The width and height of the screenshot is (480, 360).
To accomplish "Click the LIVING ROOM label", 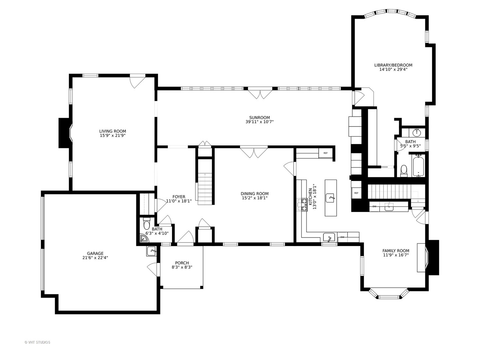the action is point(112,131).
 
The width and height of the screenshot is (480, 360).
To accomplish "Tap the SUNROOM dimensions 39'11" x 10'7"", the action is point(260,122).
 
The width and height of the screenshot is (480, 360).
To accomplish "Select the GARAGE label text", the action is point(95,253).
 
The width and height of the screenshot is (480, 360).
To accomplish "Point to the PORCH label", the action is point(182,263).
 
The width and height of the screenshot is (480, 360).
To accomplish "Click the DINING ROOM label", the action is point(255,194).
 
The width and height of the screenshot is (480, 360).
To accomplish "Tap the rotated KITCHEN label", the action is point(310,197).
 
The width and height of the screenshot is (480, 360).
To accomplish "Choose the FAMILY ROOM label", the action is point(396,251).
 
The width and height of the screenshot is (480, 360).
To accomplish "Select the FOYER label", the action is point(179,197).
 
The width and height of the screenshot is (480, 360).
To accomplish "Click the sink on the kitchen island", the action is point(330,198).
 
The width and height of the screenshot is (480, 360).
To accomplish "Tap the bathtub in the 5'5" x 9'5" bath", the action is point(418,166).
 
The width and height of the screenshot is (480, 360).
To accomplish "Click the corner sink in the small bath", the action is point(144,239).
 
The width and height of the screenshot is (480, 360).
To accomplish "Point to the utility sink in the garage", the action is point(151,251).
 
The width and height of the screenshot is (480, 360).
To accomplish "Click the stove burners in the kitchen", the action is point(302,205).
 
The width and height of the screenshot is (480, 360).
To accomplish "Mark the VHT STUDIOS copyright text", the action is point(37,342).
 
